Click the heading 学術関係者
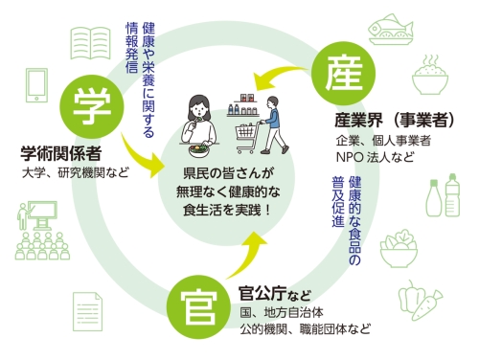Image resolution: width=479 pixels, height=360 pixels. click(x=63, y=152)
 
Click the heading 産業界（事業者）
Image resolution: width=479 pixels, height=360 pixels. click(x=389, y=121)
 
